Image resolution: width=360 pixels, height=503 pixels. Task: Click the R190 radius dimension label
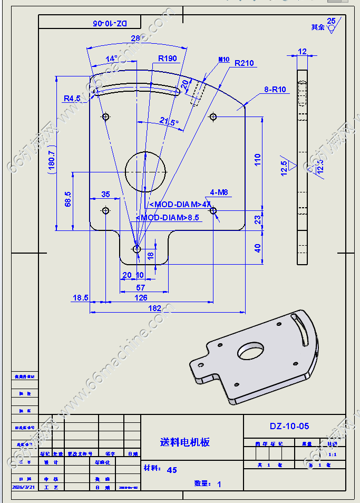click(168, 59)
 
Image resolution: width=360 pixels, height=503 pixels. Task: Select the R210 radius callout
click(244, 63)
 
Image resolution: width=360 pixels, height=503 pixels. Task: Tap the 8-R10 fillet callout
click(275, 90)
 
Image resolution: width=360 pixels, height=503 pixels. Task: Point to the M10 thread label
click(224, 60)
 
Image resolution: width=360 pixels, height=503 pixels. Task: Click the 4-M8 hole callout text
click(219, 192)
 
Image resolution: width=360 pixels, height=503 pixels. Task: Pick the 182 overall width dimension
click(155, 308)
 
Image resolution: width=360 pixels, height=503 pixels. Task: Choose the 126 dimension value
click(141, 298)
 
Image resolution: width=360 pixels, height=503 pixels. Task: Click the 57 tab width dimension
click(141, 287)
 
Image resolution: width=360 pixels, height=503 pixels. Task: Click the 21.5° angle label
click(169, 122)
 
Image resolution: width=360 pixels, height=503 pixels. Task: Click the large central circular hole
click(145, 171)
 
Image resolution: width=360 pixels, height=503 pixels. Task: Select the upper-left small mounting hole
click(105, 116)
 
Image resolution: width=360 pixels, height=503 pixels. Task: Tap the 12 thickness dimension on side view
click(302, 51)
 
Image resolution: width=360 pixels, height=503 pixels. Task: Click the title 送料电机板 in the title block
click(184, 442)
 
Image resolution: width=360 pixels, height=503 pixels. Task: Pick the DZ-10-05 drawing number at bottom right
click(289, 426)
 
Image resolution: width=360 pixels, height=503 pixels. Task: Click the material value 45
click(172, 470)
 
